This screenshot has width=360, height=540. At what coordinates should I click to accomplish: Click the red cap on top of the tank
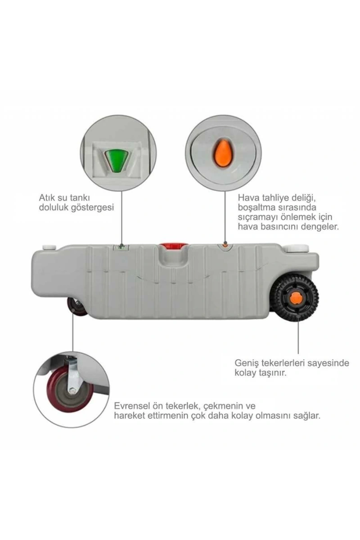coord(174,247)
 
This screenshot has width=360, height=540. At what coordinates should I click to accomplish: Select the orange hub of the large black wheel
coord(296,300)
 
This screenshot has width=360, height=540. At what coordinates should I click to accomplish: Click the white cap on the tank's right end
coord(297,247)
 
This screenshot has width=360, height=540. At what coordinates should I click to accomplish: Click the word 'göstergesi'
coord(92,208)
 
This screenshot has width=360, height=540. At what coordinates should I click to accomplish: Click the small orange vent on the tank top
coord(225,245)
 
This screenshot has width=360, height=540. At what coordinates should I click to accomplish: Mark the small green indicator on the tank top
coord(121,247)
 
